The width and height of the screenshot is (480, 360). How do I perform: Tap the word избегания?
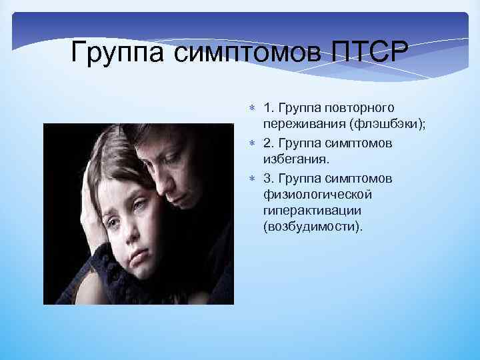coord(296,160)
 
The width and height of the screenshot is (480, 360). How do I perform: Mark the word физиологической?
coord(318,195)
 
